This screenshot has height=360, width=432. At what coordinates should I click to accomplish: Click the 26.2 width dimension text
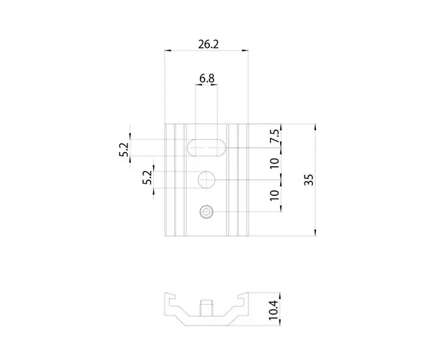(209, 44)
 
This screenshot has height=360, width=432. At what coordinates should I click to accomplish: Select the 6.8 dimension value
(207, 78)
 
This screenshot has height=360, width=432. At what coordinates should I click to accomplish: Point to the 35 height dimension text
(308, 180)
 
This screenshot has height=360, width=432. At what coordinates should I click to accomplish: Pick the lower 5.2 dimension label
(146, 178)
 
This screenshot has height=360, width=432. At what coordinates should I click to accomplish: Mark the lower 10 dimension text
(274, 196)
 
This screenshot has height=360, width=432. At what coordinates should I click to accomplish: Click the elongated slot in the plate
(207, 147)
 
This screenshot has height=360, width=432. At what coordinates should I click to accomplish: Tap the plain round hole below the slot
(207, 180)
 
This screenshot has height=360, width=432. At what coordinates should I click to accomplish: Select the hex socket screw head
(207, 213)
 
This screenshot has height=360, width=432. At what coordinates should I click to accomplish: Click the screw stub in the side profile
(207, 309)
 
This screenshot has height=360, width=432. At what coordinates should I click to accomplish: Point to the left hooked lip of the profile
(171, 298)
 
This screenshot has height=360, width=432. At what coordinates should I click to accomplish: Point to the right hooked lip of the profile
(243, 298)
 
